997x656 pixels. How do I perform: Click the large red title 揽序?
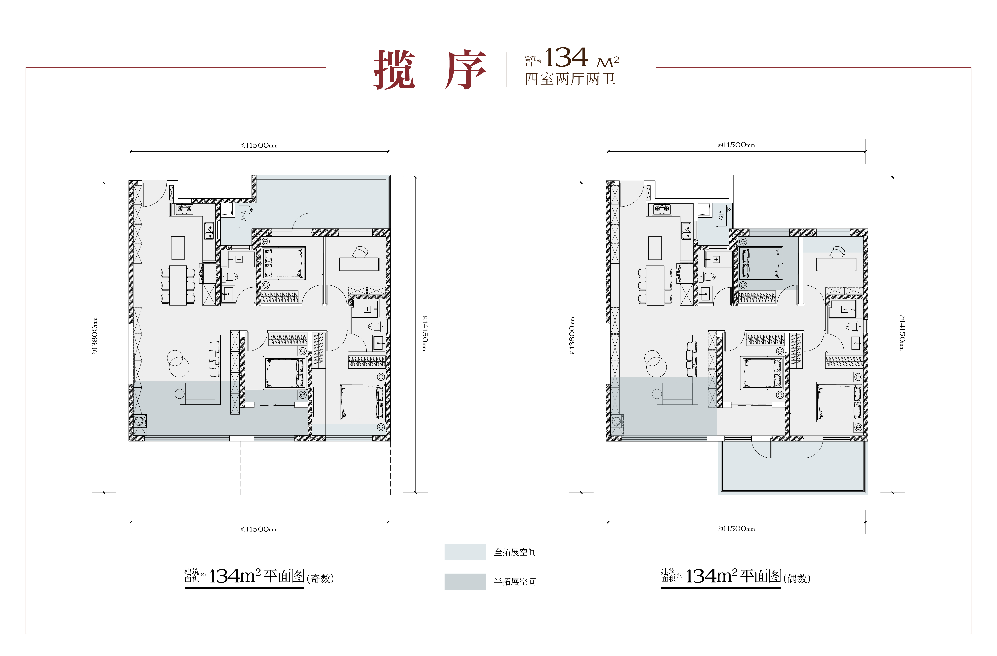(x=430, y=70)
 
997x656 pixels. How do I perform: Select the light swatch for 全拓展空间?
(x=465, y=552)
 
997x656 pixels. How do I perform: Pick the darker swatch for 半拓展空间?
(x=465, y=581)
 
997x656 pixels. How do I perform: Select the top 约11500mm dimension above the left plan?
(x=259, y=145)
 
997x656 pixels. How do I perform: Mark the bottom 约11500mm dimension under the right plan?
(x=736, y=529)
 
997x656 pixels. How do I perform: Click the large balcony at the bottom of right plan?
(x=793, y=467)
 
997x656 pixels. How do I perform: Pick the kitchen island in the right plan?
(x=655, y=248)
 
